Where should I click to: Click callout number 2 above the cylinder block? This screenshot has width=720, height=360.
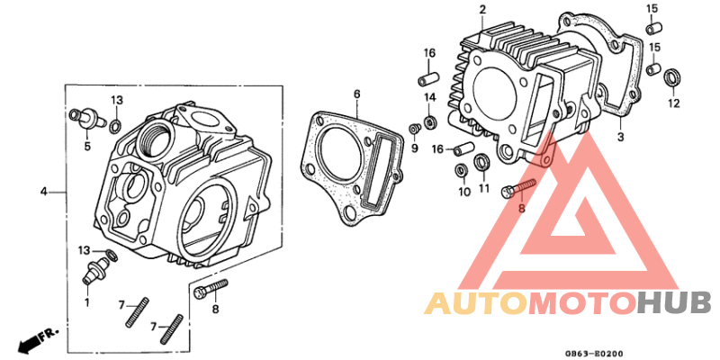point(482,10)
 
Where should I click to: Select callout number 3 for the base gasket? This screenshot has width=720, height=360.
point(619,137)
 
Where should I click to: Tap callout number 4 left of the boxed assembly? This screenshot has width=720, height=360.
point(42,192)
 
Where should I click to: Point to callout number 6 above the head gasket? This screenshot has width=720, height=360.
point(356,94)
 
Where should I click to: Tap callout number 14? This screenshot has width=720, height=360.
point(430,96)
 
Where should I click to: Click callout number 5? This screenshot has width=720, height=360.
point(88,146)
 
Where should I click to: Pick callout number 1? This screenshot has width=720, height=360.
point(87,303)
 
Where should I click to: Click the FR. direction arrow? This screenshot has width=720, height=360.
point(36,341)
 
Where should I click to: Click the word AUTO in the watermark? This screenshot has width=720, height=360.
point(475,303)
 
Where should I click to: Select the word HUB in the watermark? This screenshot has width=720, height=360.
point(674,303)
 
